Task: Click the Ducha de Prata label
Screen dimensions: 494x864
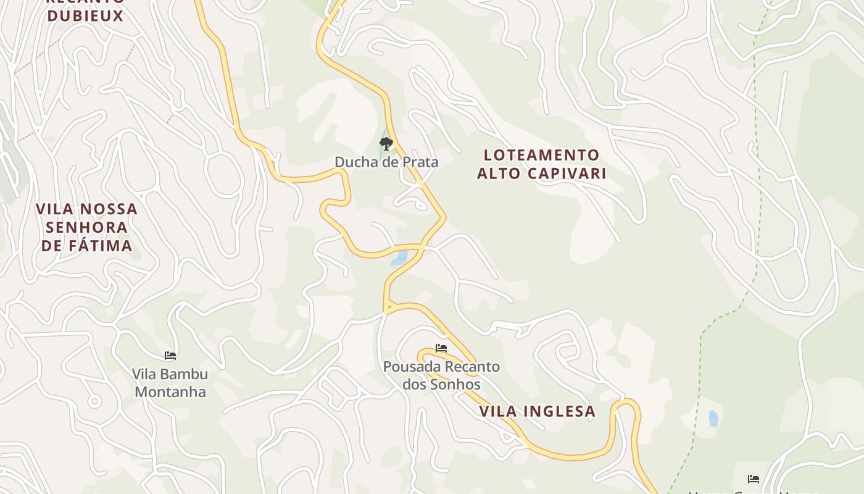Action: pyautogui.click(x=386, y=162)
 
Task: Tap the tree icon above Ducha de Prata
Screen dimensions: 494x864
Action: pyautogui.click(x=386, y=144)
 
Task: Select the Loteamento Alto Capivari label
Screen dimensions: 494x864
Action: pyautogui.click(x=541, y=164)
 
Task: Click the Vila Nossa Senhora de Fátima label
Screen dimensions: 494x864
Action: pyautogui.click(x=87, y=227)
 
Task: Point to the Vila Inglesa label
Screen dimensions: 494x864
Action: pyautogui.click(x=537, y=411)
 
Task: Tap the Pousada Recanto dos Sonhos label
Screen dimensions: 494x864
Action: pyautogui.click(x=441, y=375)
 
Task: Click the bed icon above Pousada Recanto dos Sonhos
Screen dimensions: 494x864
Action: pyautogui.click(x=441, y=348)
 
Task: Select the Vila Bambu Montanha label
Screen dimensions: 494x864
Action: pyautogui.click(x=170, y=383)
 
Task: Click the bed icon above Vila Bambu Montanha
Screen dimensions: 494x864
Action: pyautogui.click(x=170, y=356)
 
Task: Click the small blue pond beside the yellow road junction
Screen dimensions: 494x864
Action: pyautogui.click(x=399, y=257)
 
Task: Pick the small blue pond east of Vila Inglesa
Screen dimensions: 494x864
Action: pyautogui.click(x=713, y=419)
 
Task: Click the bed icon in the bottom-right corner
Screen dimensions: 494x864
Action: pyautogui.click(x=753, y=479)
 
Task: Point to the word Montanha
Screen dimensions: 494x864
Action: pyautogui.click(x=170, y=392)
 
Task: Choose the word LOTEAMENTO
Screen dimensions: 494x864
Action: pyautogui.click(x=541, y=154)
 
